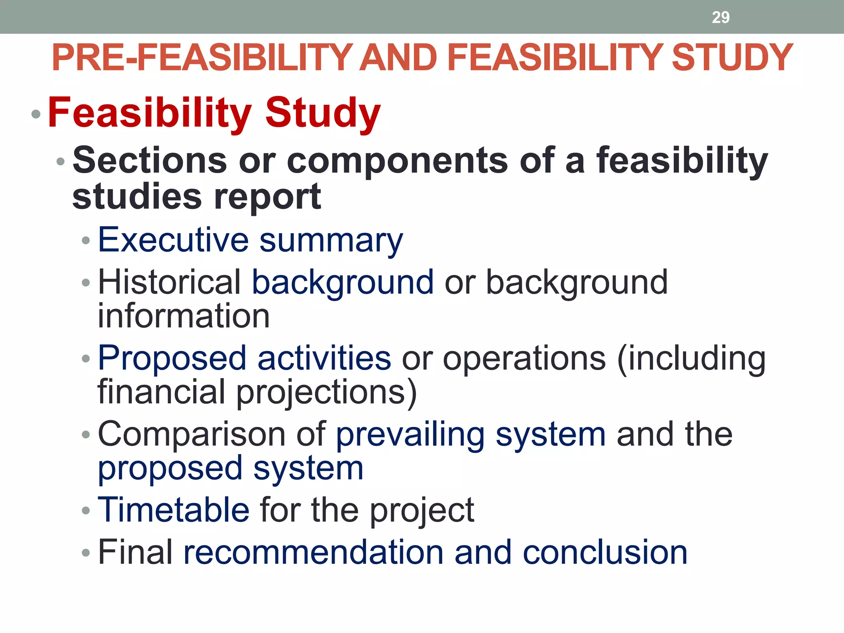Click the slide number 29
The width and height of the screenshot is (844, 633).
point(720,17)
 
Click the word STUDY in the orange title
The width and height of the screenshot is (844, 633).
point(732,58)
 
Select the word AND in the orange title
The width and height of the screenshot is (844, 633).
point(398,58)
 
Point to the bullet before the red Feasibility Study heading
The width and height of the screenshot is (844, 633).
point(36,114)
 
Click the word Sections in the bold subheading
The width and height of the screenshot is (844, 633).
point(150,160)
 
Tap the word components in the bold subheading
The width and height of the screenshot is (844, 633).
point(397,161)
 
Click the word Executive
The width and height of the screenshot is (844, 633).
point(173,240)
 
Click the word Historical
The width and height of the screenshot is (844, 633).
point(169,282)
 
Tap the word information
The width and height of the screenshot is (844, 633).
point(183,316)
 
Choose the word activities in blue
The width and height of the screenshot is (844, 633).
point(324,358)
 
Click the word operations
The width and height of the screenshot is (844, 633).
point(524,359)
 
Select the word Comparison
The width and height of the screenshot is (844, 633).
point(192,434)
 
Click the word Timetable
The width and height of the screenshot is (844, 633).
point(173,510)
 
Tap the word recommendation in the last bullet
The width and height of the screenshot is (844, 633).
point(313,552)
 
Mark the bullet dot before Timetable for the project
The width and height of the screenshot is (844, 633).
point(86,511)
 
